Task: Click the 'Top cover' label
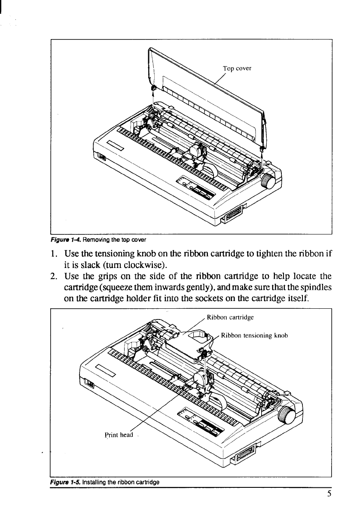coord(237,68)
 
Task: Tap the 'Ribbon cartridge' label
coord(230,318)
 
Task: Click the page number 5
coord(329,493)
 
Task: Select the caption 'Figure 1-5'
coord(63,482)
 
